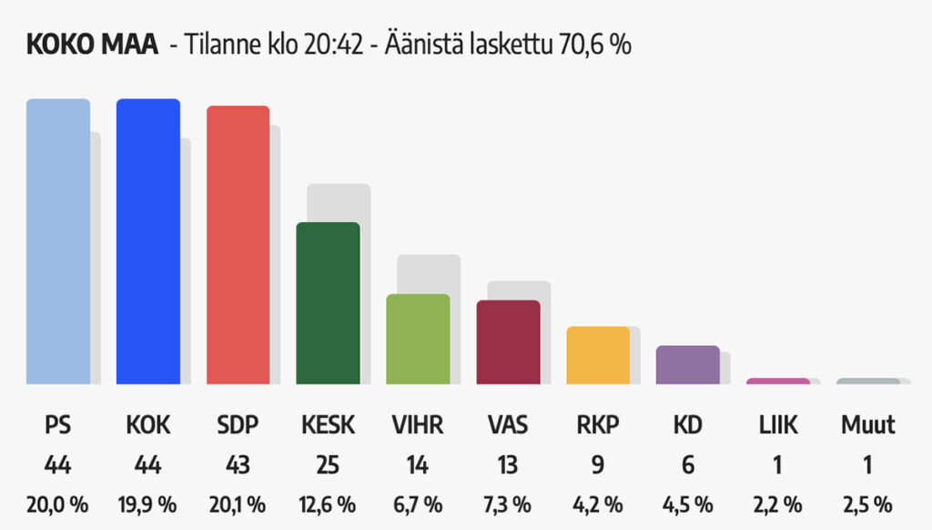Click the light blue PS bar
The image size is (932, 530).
point(58,241)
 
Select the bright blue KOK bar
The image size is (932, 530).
point(148,241)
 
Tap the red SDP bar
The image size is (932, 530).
point(238,245)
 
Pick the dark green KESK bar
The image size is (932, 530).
point(329,303)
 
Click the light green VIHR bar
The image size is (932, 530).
point(419,339)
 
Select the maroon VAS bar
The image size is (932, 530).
point(509,341)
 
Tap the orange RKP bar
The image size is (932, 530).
point(598,355)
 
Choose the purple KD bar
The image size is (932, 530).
point(688,365)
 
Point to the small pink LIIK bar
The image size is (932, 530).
point(778,381)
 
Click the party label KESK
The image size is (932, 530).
point(329,425)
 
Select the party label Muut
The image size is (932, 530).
point(867,425)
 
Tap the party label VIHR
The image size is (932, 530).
point(419,425)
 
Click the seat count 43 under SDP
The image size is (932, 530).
point(238,465)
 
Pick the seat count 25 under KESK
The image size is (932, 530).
point(329,465)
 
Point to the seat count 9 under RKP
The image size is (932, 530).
point(598,465)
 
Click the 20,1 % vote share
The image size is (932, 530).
point(238,504)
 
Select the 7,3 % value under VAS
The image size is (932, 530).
point(509,504)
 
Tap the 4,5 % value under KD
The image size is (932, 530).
point(688,504)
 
